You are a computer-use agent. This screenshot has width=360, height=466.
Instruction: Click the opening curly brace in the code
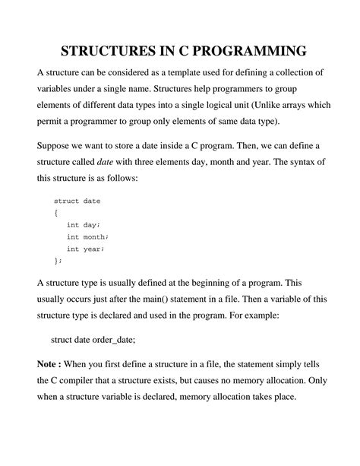click(55, 213)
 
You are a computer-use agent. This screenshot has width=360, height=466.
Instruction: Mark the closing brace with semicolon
click(58, 260)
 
